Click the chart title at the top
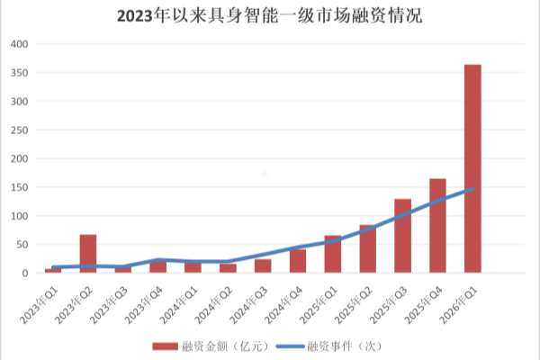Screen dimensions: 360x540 270,16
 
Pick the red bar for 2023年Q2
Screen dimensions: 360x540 87,254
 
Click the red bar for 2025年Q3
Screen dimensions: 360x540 402,236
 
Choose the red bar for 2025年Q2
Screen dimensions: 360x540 367,249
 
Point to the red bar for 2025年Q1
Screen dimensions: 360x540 332,255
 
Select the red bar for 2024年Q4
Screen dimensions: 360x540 297,261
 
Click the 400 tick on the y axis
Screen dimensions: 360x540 20,44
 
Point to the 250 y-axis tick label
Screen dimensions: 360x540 20,130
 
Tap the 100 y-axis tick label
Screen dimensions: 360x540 20,216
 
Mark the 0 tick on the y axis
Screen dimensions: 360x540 26,274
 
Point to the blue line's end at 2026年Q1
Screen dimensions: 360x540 472,189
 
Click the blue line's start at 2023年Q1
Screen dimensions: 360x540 53,267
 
